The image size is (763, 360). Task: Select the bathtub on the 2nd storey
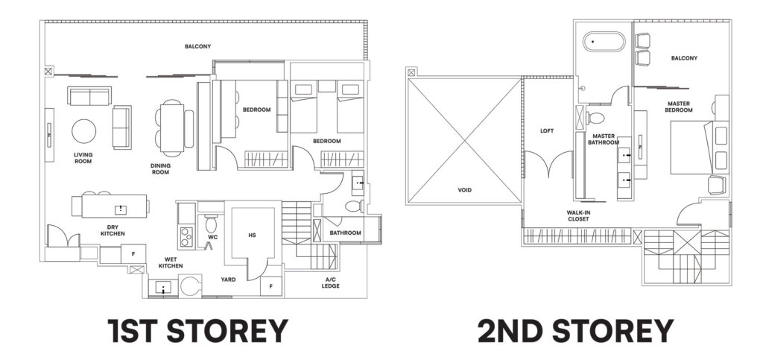point(603,41)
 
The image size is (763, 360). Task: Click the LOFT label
point(547,130)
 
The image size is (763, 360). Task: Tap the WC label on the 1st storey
point(212,238)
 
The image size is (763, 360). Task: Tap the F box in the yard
point(270,285)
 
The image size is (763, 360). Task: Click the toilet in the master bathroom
point(595,118)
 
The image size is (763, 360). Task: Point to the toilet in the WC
point(211,222)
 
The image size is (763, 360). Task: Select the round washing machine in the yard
point(191,285)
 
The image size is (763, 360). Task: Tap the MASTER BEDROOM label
point(679,107)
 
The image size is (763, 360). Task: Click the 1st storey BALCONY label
point(197,46)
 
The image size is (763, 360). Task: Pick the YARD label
point(228,281)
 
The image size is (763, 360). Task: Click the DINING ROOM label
point(159,168)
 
